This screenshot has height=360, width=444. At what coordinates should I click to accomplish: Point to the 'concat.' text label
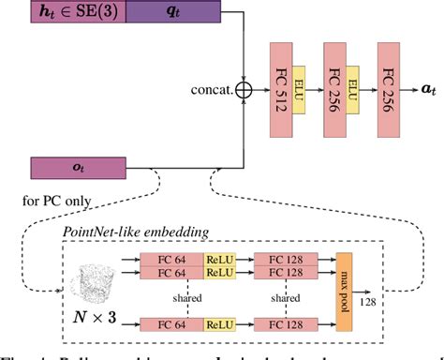(213, 91)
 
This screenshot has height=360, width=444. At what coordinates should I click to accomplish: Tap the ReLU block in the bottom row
(218, 324)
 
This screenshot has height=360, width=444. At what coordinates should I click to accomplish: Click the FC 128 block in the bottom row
(283, 324)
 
